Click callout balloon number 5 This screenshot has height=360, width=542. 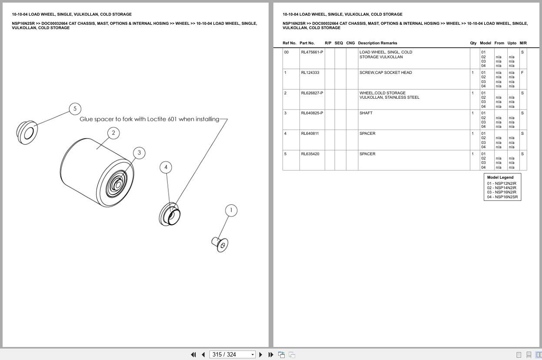click(75, 109)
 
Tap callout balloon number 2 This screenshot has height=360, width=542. click(113, 133)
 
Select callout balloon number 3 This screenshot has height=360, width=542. click(139, 153)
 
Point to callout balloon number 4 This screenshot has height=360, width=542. click(166, 167)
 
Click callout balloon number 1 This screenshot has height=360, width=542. click(231, 210)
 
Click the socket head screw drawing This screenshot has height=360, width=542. click(220, 244)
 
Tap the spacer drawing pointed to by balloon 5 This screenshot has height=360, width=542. click(27, 133)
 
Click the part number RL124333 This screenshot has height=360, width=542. click(310, 73)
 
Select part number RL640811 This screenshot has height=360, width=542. click(310, 133)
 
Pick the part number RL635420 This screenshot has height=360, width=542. click(310, 154)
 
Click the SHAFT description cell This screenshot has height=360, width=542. click(366, 113)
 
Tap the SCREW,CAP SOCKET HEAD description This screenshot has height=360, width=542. click(386, 73)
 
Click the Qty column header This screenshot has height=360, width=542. click(473, 43)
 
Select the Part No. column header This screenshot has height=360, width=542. click(307, 43)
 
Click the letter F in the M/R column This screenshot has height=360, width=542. click(522, 73)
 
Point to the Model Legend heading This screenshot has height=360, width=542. click(500, 177)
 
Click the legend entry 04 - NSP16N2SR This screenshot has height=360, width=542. click(502, 197)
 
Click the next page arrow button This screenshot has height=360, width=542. click(261, 355)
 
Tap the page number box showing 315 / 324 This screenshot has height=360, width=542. click(232, 355)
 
